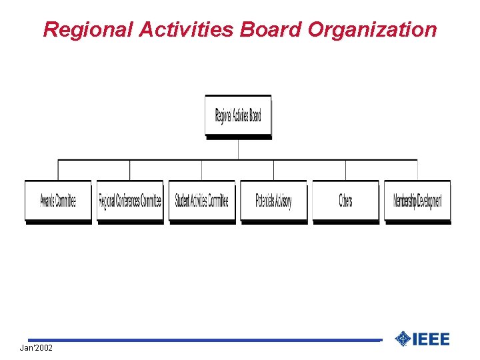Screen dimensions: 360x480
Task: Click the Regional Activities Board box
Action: pos(238,115)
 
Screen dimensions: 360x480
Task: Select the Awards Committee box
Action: pos(58,200)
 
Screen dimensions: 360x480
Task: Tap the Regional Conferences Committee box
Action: pos(130,200)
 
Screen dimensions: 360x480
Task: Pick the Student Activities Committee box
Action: pos(202,200)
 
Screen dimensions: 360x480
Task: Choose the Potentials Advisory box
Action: pos(273,200)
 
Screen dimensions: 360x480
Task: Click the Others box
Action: pos(345,200)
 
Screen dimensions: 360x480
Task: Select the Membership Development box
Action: pos(417,200)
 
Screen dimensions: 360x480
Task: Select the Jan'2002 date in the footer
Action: pos(36,348)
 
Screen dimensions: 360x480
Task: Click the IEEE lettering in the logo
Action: pos(431,339)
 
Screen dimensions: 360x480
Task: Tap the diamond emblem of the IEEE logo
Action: pos(403,339)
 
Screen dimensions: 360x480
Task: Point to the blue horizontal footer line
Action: pos(200,340)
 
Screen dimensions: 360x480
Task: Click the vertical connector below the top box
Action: pos(238,149)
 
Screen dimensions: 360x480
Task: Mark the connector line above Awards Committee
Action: pos(58,170)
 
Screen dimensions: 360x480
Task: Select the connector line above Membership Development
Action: pos(417,170)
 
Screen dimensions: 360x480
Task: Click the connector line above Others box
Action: pos(345,170)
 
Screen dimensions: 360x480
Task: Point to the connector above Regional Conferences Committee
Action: pos(130,170)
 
